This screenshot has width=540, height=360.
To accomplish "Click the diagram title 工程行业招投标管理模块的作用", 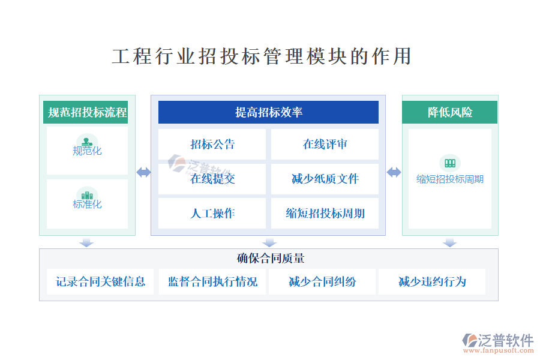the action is point(262,56).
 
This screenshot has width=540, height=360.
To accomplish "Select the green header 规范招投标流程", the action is point(85,112).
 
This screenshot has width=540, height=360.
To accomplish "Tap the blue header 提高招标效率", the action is point(268,112).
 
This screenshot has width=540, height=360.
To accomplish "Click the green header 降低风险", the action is point(450,112).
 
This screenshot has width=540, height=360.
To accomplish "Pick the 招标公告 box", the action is point(212,145).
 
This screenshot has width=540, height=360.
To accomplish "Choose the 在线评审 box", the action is point(325,145).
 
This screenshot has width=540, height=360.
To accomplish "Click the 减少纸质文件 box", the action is point(325,179).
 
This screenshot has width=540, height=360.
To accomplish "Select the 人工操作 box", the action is point(212,213).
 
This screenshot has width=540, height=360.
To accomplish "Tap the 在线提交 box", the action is point(212,179).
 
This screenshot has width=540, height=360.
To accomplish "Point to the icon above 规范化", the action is point(87,142).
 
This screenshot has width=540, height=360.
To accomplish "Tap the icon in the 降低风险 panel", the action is point(450,163).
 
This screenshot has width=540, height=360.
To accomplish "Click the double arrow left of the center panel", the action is point(143,172).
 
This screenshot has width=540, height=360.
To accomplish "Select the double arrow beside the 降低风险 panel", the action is point(394,172).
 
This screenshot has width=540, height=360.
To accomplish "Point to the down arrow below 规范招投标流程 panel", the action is point(86,242).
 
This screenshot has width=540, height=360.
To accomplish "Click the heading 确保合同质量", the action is point(271,259).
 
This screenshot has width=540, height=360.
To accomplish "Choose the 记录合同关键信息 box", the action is point(100,282).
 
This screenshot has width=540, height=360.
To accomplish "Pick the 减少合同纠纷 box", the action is point(322,282).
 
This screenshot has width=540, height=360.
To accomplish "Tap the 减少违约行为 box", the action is point(432,282).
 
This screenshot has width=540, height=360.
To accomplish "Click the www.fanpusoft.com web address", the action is point(499,350).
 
